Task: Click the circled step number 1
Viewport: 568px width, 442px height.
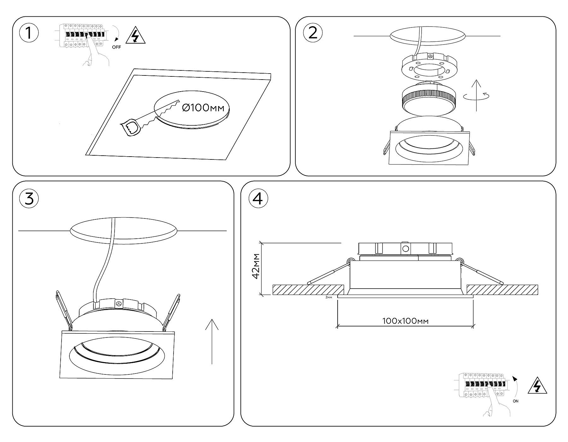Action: (x=29, y=33)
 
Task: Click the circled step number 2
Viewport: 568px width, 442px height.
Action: (x=312, y=33)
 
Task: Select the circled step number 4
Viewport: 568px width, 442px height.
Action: (x=258, y=199)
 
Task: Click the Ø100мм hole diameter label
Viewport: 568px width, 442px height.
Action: (x=204, y=108)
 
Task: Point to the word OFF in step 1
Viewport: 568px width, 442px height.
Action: (x=116, y=47)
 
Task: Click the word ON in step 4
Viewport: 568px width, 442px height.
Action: (x=515, y=401)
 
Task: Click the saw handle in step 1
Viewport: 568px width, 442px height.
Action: (x=130, y=128)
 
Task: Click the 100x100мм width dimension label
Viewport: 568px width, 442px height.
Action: (x=405, y=321)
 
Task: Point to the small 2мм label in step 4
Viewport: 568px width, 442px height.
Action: (x=328, y=297)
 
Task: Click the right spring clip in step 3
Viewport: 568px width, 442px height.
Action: (x=172, y=311)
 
